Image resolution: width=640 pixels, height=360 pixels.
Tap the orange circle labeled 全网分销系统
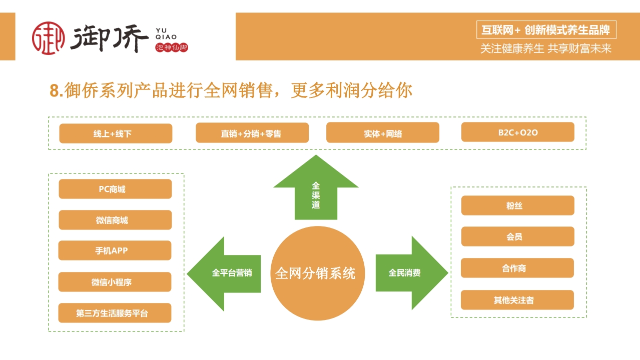click(x=316, y=273)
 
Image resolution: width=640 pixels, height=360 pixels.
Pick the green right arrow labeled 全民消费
click(x=408, y=273)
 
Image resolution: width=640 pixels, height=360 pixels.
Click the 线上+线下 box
click(x=116, y=133)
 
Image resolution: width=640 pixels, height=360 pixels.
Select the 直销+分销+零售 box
click(x=252, y=133)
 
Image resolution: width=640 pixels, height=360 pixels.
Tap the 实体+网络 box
click(x=383, y=133)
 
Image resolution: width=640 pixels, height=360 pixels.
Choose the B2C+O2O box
click(x=517, y=132)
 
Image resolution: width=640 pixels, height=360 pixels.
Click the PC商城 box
click(x=115, y=189)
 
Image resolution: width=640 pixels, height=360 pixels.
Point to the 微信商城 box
click(x=115, y=220)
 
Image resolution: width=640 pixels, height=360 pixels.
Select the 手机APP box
click(x=115, y=250)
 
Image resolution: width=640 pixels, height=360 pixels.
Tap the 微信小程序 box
click(x=115, y=282)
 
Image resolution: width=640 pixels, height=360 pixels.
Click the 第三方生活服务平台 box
click(x=115, y=313)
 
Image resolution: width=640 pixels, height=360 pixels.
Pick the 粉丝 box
click(x=517, y=205)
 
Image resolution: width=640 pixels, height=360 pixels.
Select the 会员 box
click(x=517, y=236)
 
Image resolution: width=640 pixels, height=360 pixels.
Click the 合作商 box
click(x=517, y=268)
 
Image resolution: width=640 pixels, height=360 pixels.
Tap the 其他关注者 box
click(x=517, y=300)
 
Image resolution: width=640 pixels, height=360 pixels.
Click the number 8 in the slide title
click(x=55, y=91)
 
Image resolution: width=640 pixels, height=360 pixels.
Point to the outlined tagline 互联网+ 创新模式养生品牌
click(x=545, y=30)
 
